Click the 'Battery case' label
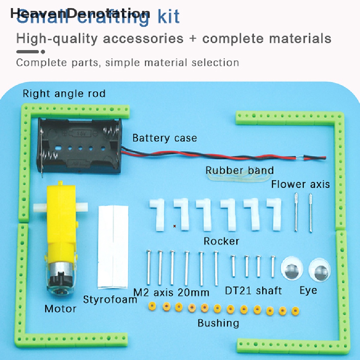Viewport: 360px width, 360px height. tap(165, 138)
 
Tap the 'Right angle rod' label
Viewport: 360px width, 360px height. tap(64, 94)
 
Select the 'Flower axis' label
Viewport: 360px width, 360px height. tap(301, 184)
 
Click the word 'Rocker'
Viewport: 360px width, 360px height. tap(221, 241)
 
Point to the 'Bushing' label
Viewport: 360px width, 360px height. tap(218, 323)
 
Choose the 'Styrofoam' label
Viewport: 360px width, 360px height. tap(110, 300)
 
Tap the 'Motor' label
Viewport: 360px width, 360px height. tap(60, 309)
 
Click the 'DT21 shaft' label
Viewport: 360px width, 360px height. tap(253, 291)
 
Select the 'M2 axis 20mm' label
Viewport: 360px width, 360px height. tap(171, 292)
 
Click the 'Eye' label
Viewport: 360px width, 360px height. tap(308, 290)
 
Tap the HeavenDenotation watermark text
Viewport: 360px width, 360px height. tap(80, 13)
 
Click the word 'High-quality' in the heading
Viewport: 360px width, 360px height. tap(58, 38)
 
